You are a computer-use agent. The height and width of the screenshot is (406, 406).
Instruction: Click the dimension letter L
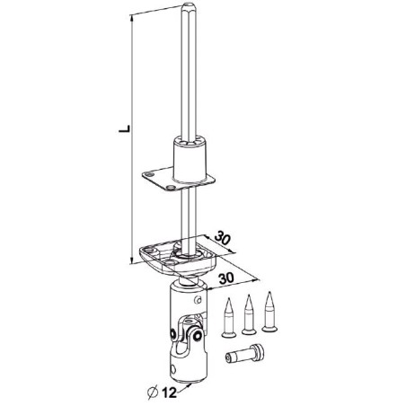click(123, 131)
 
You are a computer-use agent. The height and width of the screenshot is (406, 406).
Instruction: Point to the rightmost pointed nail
click(267, 310)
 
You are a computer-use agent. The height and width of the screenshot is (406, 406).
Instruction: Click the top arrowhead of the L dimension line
click(135, 16)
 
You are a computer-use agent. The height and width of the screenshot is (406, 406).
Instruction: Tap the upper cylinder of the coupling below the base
click(185, 301)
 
